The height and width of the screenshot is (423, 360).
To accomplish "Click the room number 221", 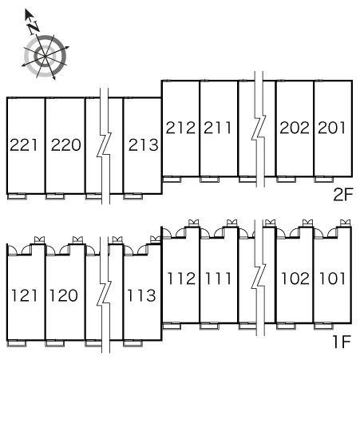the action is tap(24, 145).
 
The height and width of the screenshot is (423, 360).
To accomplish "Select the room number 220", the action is tap(65, 145).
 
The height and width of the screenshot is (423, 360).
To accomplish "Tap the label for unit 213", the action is tap(144, 145).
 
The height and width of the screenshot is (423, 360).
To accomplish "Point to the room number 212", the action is tap(180, 128).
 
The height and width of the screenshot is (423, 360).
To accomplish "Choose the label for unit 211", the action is tap(217, 128).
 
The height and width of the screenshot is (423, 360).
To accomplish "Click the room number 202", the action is tap(295, 128).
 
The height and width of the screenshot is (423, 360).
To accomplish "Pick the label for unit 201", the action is tap(332, 128).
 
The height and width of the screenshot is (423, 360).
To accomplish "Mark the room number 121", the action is tap(24, 295).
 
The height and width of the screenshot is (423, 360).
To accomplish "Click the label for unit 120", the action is tap(64, 295).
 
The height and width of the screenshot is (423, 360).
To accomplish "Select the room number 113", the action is tap(141, 295).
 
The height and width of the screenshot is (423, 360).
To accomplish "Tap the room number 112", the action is tap(181, 279).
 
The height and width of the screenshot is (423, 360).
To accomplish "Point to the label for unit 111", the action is tap(218, 279).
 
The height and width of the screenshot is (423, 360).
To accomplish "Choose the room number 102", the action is tap(295, 279).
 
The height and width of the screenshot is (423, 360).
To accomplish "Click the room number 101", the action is tap(333, 279).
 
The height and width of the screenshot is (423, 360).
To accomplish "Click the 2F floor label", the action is tap(343, 195).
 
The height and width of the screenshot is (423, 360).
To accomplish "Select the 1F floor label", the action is tap(342, 342).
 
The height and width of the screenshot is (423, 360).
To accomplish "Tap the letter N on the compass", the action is tap(34, 27).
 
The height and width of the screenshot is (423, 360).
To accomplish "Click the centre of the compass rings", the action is tap(45, 57).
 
